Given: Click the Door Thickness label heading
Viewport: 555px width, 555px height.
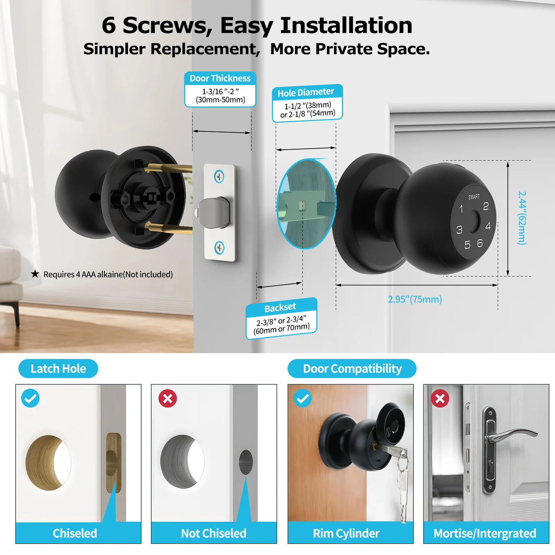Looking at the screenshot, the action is (220, 78).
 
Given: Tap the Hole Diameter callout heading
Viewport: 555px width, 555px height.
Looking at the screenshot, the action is (305, 92).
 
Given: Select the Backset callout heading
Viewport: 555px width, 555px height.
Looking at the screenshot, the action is (280, 307).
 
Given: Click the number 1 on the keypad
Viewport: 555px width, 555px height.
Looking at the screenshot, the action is (461, 209).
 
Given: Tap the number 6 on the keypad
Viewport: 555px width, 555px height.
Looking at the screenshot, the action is (480, 243).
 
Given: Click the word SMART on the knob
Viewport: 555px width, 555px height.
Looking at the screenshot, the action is (474, 197).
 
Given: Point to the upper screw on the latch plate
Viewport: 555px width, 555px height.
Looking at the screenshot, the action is (219, 176).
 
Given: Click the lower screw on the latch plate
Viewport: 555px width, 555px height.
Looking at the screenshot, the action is (220, 248).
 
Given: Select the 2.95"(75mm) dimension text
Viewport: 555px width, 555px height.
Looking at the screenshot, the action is (415, 299).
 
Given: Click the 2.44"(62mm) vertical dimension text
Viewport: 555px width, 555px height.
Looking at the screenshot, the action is (522, 218).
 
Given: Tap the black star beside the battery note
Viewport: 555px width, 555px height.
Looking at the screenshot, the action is (35, 274).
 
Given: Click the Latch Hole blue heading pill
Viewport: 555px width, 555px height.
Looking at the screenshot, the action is (58, 368).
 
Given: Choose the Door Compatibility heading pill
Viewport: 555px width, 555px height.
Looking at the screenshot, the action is (352, 368).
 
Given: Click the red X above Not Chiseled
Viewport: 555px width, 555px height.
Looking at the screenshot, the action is (168, 398).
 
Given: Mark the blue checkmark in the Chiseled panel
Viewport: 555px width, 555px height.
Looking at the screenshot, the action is (30, 398).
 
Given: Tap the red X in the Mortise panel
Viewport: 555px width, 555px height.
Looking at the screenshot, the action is (440, 398).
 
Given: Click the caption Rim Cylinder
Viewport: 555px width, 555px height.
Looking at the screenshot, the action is (346, 533).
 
